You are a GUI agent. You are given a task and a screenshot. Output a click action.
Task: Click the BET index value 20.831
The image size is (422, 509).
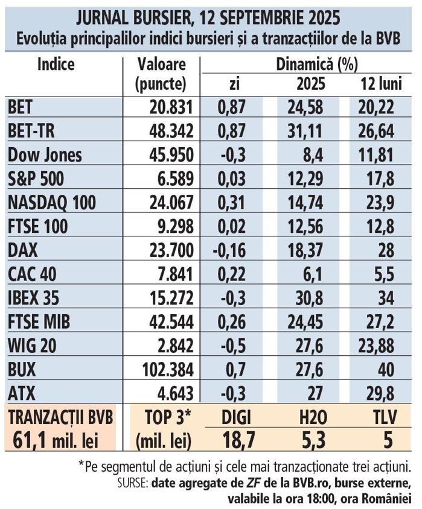(x=171, y=107)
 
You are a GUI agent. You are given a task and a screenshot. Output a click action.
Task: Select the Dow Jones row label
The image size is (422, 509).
(x=45, y=155)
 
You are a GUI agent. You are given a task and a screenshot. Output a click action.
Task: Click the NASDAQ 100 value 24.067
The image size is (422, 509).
(x=170, y=202)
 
